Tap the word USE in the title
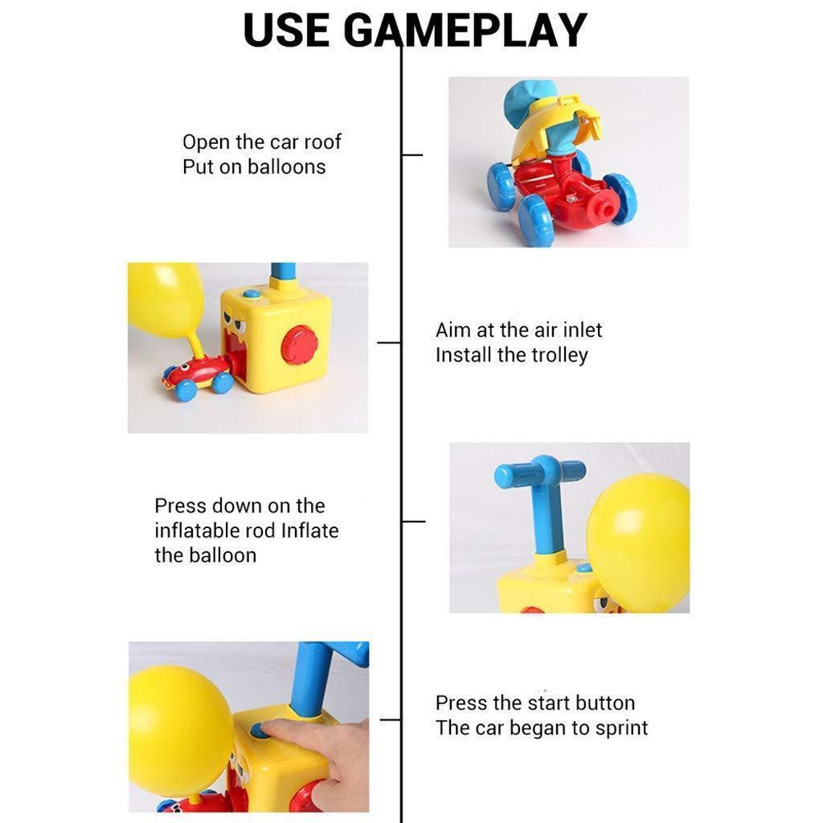pos(286,31)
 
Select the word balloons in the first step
pos(286,167)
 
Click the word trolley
pos(554,355)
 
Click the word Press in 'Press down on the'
pos(180,506)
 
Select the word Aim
pos(452,330)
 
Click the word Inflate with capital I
pos(309,530)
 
